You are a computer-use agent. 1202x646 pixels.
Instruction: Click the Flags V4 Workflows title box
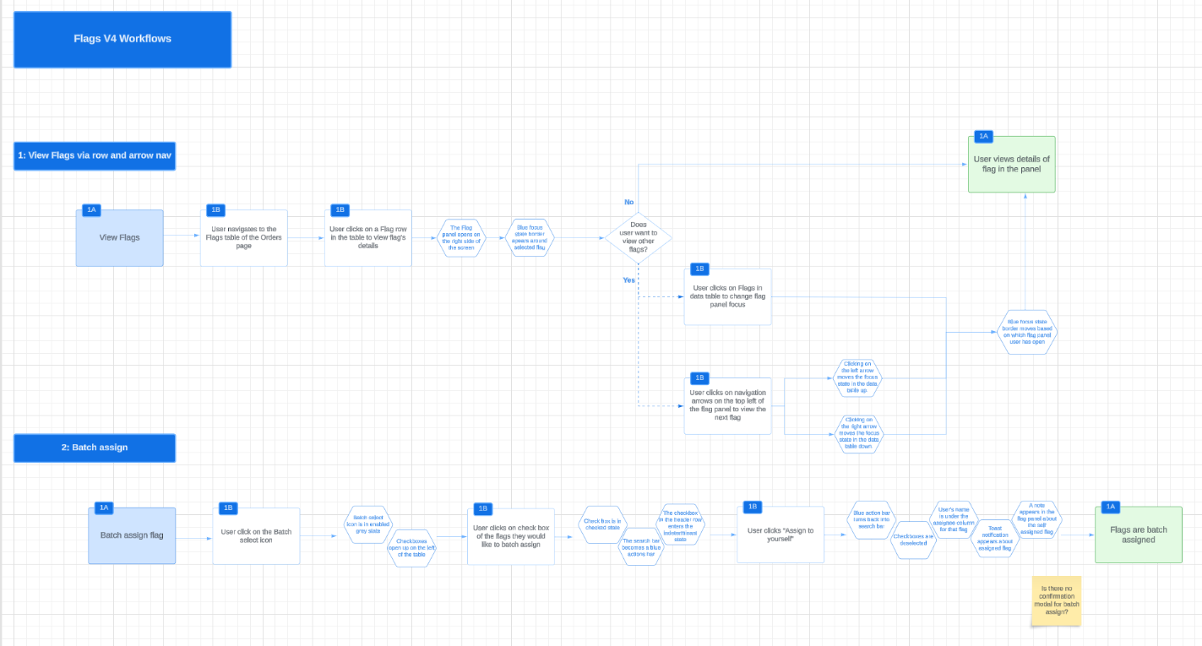tap(122, 39)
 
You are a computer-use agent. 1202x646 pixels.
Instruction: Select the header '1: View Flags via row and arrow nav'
tap(95, 155)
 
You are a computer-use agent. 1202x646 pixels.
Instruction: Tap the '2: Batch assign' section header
tap(95, 448)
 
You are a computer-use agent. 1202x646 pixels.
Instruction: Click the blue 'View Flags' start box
tap(120, 238)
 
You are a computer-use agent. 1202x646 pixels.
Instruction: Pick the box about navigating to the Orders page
tap(243, 238)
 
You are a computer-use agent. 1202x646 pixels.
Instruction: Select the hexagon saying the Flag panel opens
tap(461, 238)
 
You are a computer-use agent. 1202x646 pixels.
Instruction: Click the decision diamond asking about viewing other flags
tap(639, 238)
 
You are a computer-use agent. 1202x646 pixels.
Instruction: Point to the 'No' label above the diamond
tap(628, 203)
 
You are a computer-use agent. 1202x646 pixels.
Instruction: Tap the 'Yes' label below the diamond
tap(628, 280)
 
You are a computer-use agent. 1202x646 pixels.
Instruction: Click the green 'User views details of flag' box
tap(1011, 165)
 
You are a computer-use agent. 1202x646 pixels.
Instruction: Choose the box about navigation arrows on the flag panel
tap(727, 405)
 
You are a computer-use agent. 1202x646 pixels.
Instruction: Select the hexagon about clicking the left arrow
tap(858, 377)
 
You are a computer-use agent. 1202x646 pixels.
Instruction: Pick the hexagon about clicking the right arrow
tap(858, 434)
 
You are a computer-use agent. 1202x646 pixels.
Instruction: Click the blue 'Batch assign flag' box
tap(132, 535)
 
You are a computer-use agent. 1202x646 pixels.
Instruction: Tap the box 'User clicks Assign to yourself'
tap(780, 535)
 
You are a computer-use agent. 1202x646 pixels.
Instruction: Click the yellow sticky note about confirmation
tap(1056, 600)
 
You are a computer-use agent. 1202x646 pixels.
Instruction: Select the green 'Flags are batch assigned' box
tap(1138, 535)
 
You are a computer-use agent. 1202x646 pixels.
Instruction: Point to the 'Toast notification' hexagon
tap(994, 538)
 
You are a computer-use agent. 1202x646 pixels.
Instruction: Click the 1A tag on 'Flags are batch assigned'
tap(1110, 507)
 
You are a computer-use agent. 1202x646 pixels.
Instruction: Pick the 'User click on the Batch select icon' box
tap(256, 535)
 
